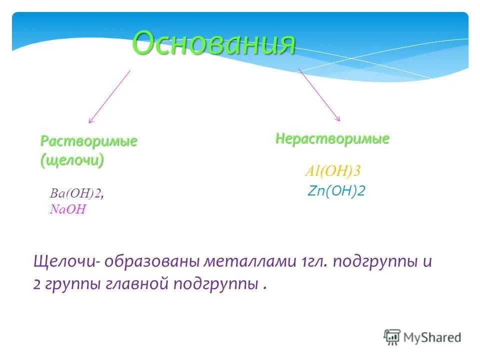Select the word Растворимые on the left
point(88,141)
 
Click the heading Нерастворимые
point(332,138)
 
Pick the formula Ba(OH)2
point(76,194)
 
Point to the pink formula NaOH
point(67,209)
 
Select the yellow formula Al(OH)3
point(332,171)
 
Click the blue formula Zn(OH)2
point(336,191)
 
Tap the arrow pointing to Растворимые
point(109,96)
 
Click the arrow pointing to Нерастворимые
point(319,94)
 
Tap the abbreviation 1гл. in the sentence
point(314,262)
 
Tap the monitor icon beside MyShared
point(392,337)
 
